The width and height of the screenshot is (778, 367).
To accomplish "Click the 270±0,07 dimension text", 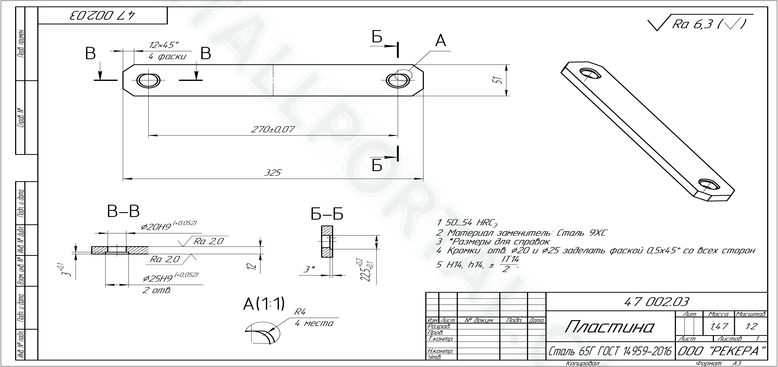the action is click(273, 129).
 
